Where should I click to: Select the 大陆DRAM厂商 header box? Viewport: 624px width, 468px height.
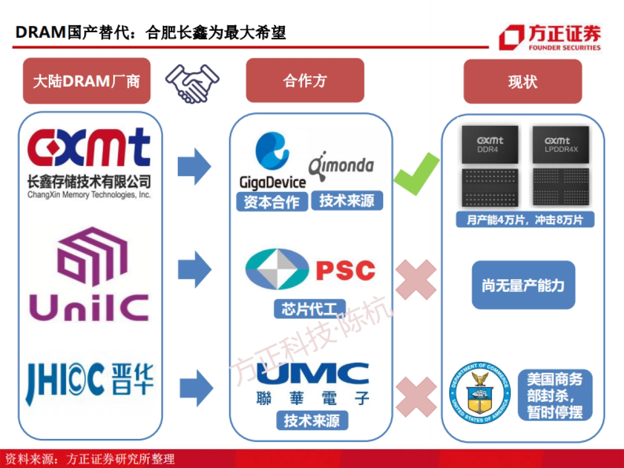86,81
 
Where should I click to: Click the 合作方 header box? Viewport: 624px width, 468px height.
305,81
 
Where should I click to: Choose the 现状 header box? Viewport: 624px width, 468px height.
523,82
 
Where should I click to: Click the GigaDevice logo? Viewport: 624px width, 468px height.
272,161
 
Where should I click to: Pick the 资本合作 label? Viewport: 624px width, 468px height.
271,202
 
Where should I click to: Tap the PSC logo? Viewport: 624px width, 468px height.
310,270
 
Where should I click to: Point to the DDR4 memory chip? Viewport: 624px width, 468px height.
490,165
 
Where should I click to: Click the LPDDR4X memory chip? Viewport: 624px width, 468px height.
561,165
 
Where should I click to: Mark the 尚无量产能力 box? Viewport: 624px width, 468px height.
523,285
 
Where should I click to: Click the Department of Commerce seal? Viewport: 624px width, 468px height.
479,393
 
